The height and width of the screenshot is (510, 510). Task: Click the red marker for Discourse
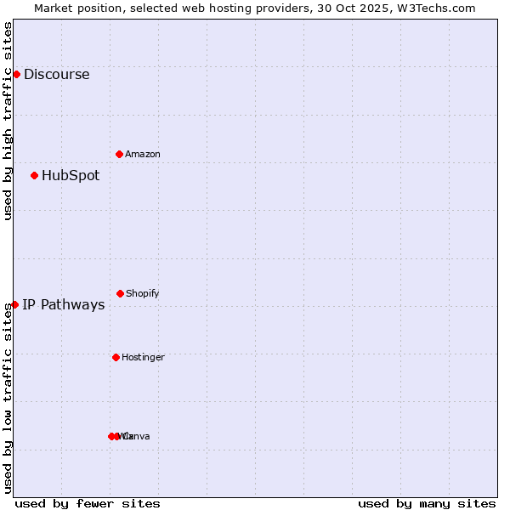[16, 74]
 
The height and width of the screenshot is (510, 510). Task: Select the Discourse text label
[56, 74]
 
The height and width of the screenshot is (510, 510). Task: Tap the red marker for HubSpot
[34, 176]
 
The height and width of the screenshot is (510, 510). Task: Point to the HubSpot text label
[71, 176]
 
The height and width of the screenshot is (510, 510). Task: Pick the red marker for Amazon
[119, 154]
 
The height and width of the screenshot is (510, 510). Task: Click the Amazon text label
[143, 154]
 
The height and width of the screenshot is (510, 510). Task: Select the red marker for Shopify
[120, 293]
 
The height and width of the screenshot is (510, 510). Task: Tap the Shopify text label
[143, 293]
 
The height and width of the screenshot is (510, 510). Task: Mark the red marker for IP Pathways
[14, 304]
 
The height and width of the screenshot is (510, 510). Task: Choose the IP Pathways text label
[64, 304]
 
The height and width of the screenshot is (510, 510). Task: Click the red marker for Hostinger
[116, 357]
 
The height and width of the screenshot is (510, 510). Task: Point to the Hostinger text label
[143, 357]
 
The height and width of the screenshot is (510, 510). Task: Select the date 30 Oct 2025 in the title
[363, 8]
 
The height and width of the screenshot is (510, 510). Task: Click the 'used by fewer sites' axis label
[88, 503]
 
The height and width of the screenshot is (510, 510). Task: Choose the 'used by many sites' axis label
[427, 503]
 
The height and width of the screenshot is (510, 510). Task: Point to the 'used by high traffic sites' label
[8, 121]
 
